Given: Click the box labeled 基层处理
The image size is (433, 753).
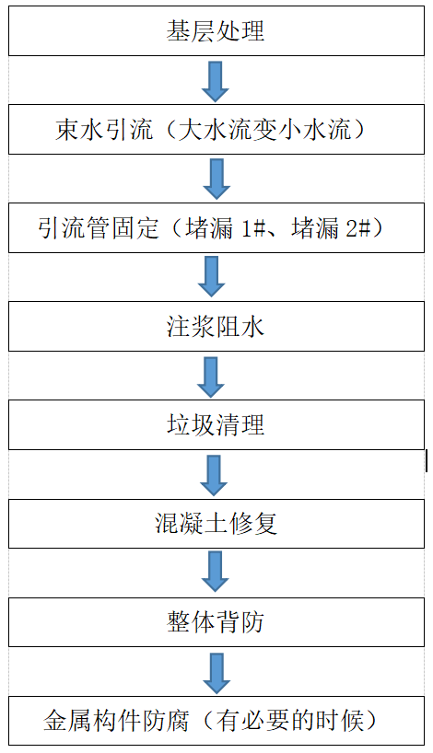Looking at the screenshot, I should point(216,31).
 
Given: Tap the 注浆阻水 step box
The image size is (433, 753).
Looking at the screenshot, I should point(216,326).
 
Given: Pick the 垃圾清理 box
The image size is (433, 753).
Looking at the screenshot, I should point(216,425).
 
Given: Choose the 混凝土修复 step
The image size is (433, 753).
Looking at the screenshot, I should point(216,524).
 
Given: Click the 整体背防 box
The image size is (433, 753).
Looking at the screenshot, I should point(216,622).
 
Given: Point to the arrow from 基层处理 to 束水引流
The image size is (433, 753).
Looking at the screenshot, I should point(216,81).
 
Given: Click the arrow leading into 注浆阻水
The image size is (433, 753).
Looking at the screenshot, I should point(213,276).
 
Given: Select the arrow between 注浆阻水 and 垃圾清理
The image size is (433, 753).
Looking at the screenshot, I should point(213,376).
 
